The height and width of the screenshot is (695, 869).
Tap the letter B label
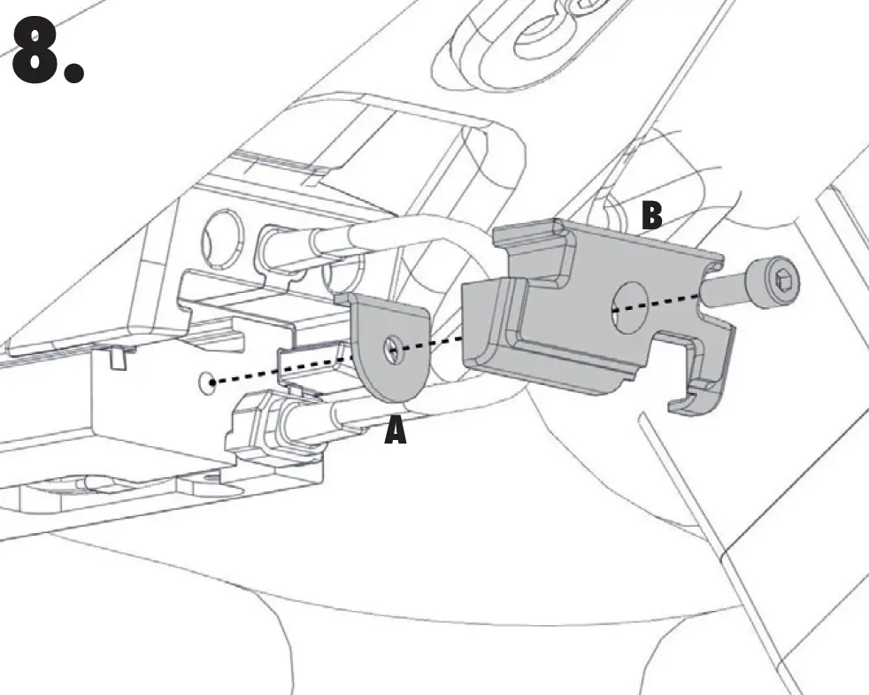tap(651, 216)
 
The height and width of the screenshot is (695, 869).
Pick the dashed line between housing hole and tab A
tap(283, 369)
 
